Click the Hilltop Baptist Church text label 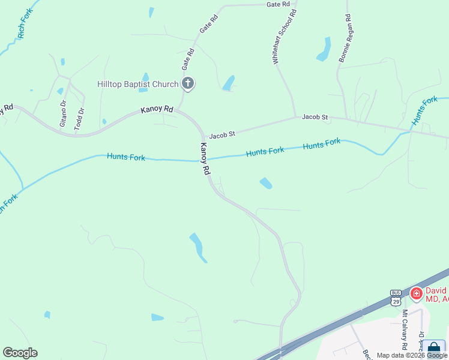[x=138, y=84]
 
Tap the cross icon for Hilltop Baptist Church [x=188, y=84]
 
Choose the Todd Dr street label [x=78, y=118]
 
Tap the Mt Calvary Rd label [x=405, y=329]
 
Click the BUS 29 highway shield [x=396, y=298]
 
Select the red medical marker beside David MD [x=416, y=294]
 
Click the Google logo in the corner [x=20, y=353]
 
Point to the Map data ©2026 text [x=400, y=355]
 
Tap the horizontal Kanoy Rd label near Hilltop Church [x=157, y=110]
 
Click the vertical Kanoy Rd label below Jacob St [x=205, y=158]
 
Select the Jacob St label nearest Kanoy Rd [x=221, y=135]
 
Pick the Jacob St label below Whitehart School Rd [x=315, y=117]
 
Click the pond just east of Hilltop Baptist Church [x=229, y=83]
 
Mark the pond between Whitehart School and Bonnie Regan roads [x=324, y=49]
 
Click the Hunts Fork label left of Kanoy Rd [x=126, y=157]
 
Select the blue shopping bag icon [x=433, y=348]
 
